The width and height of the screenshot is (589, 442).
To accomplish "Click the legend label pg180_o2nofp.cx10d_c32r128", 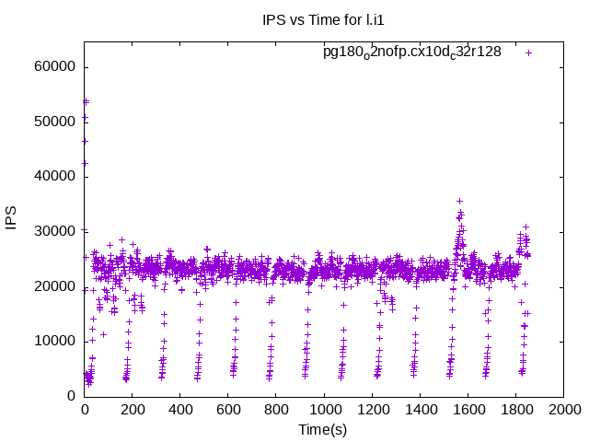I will (411, 52).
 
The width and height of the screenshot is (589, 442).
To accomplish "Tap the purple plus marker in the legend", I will (528, 52).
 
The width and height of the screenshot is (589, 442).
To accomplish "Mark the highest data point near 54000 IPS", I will (86, 101).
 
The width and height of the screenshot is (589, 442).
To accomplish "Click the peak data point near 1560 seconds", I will (459, 201).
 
